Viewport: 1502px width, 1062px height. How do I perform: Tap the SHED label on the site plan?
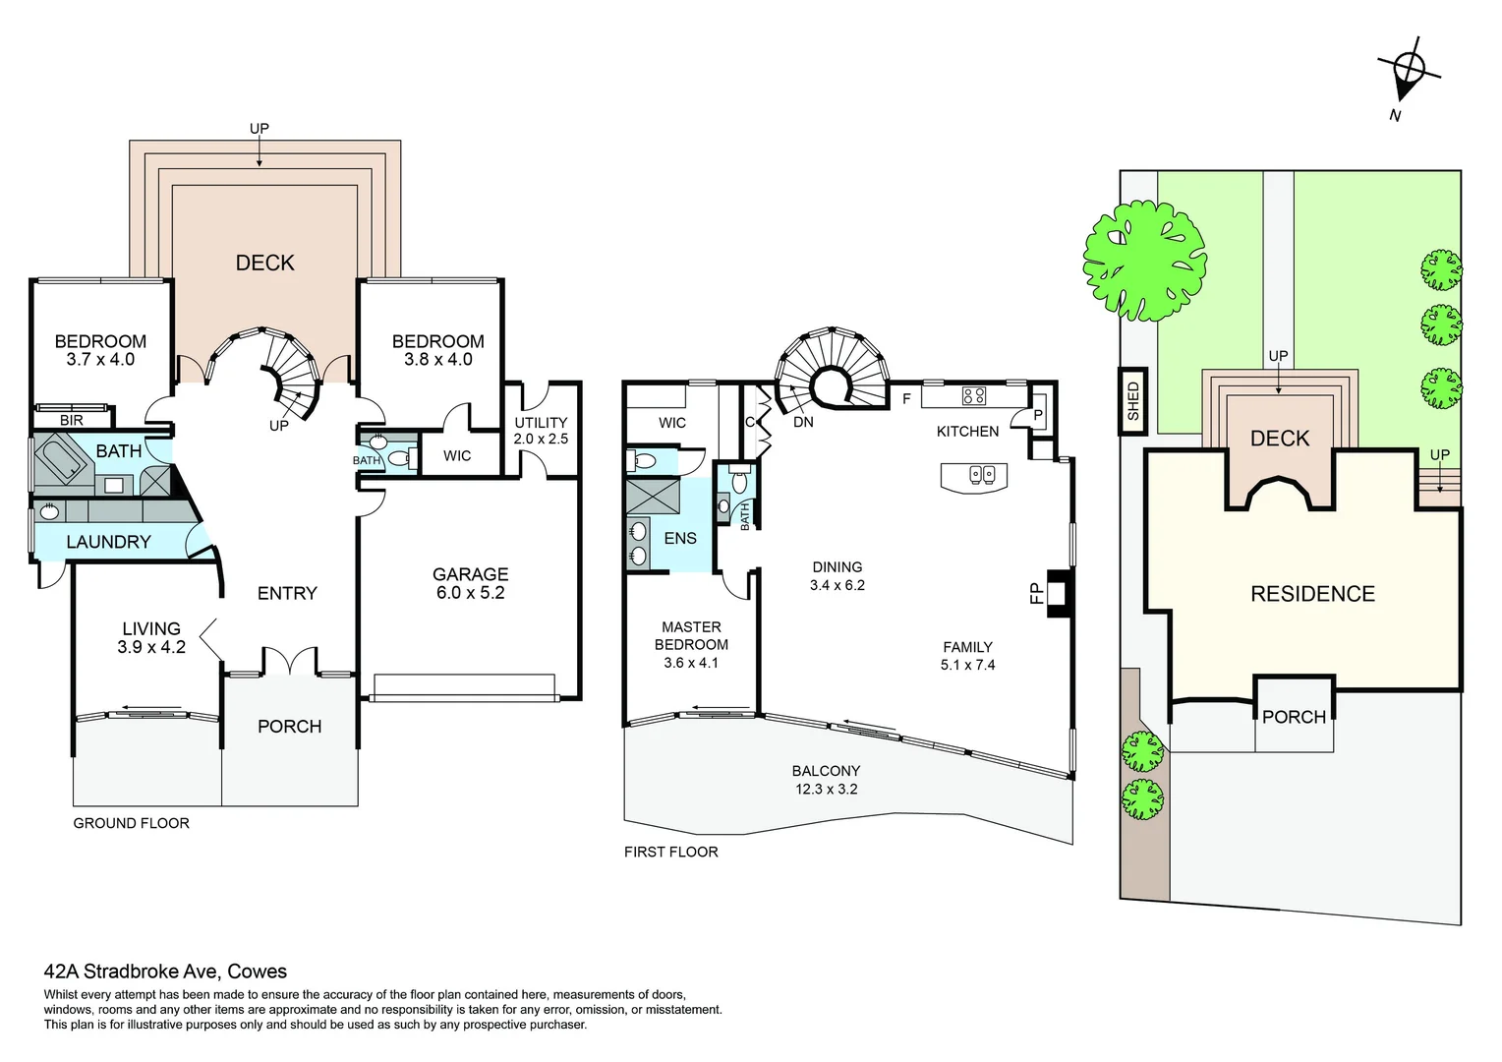pos(1132,401)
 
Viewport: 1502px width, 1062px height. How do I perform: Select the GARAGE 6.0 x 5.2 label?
pos(470,583)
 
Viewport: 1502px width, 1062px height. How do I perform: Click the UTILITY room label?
pos(541,431)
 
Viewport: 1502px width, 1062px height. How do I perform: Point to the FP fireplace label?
pos(1035,593)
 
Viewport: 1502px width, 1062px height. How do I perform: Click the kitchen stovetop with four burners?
pos(973,396)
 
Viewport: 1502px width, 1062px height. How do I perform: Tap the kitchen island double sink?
pos(982,475)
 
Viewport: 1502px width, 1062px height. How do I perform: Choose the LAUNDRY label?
pos(108,542)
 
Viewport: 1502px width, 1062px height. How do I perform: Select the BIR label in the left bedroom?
pos(72,420)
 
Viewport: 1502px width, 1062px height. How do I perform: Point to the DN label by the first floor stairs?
pos(803,422)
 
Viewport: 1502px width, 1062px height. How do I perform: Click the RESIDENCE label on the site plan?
pos(1312,594)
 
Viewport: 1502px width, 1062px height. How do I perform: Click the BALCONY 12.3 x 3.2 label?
pos(826,780)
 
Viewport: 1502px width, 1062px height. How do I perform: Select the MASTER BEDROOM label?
pos(691,644)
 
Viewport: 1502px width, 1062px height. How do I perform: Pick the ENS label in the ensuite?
pos(679,538)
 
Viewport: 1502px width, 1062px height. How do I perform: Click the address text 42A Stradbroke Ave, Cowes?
pos(165,972)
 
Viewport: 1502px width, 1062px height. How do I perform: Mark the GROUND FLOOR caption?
pos(131,823)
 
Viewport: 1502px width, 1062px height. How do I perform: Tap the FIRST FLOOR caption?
pos(670,852)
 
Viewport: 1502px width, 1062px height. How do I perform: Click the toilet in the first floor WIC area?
pos(645,460)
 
